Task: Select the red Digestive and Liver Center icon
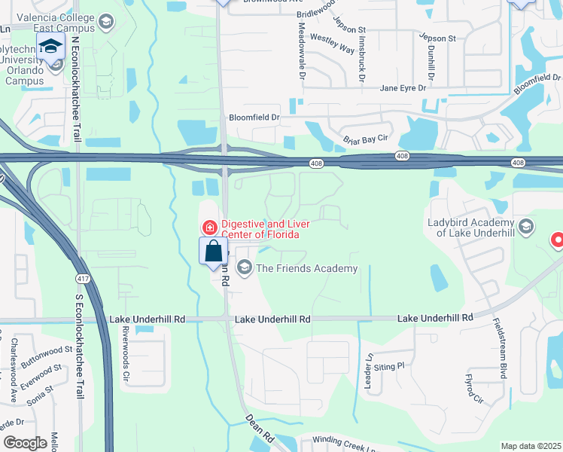(x=208, y=227)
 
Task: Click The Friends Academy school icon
(x=244, y=267)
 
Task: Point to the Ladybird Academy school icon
(x=525, y=226)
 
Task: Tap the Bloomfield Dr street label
(x=254, y=118)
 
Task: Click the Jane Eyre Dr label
(x=403, y=88)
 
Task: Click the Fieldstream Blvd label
(x=499, y=346)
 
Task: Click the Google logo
(x=25, y=442)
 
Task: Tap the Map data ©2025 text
(x=531, y=446)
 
